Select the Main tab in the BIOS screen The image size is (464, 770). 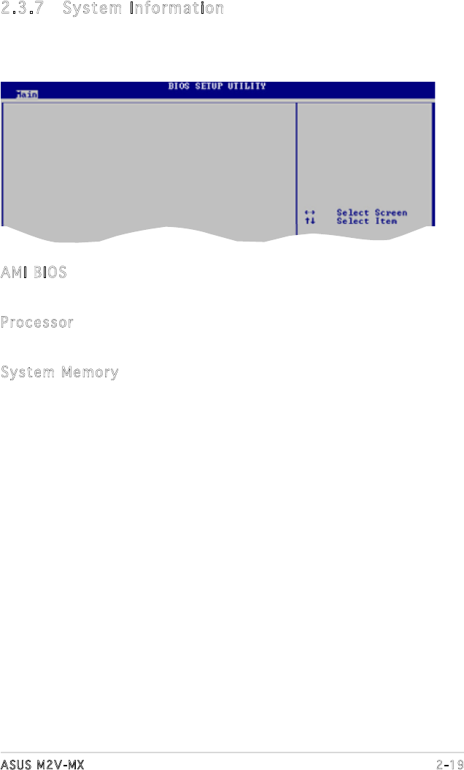click(26, 93)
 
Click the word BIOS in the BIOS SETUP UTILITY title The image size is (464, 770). click(179, 86)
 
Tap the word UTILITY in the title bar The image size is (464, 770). click(247, 86)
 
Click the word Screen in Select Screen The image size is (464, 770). click(391, 213)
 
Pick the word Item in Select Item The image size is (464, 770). click(386, 221)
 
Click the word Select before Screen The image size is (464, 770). click(352, 213)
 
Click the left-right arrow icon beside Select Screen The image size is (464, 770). click(310, 213)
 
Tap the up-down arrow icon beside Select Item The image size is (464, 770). click(310, 221)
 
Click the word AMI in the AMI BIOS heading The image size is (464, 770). click(13, 273)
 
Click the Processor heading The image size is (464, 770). click(37, 323)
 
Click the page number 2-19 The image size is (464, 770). click(449, 763)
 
